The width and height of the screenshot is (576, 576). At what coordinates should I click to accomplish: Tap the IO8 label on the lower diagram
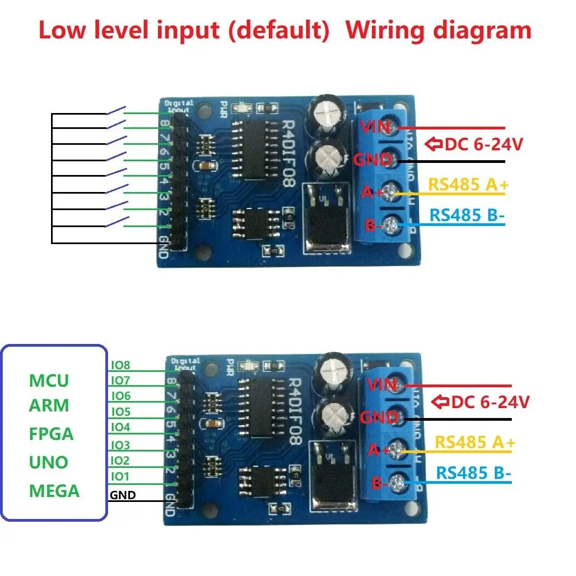[121, 365]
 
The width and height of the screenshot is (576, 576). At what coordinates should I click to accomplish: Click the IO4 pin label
[121, 427]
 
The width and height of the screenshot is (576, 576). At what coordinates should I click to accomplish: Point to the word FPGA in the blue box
[51, 434]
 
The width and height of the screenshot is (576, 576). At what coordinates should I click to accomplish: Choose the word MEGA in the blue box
[54, 490]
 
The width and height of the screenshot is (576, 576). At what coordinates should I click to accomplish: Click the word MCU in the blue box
[49, 380]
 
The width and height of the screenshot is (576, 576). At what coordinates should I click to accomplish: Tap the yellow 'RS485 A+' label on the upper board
[468, 184]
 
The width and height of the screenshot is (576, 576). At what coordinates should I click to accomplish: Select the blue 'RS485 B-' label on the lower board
[473, 472]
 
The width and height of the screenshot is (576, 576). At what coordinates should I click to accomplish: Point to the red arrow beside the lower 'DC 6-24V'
[441, 402]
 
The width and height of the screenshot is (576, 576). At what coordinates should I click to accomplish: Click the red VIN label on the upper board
[375, 127]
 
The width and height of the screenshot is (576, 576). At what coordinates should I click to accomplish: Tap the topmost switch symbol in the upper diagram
[116, 111]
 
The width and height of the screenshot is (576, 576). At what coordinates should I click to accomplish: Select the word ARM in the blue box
[49, 406]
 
